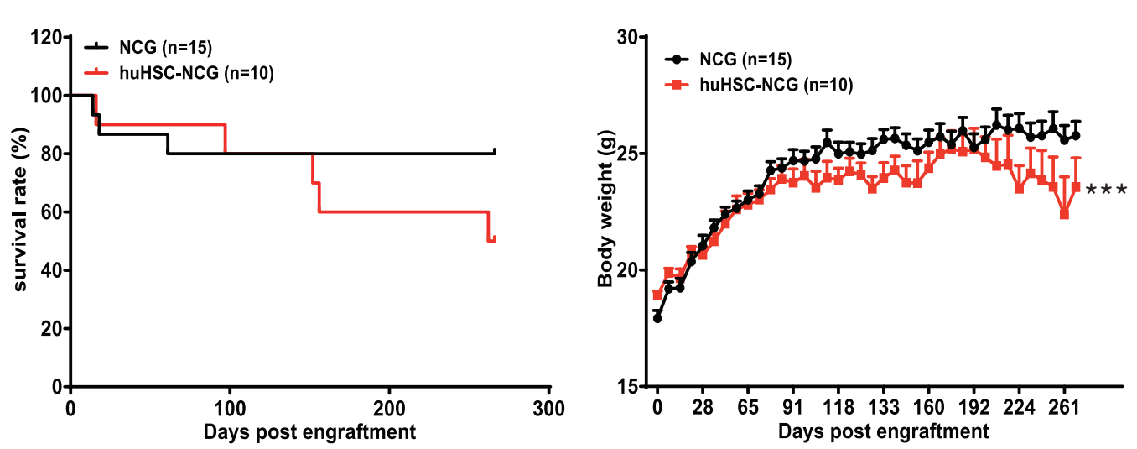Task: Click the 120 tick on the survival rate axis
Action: click(46, 38)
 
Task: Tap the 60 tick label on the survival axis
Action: click(50, 212)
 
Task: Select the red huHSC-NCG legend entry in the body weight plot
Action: click(776, 84)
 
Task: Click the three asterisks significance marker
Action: click(1106, 191)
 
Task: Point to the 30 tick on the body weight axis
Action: click(628, 38)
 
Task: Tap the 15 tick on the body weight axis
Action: click(628, 387)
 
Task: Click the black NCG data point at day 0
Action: click(657, 318)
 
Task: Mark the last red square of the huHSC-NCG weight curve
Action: click(1076, 186)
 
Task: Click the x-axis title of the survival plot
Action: click(309, 432)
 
